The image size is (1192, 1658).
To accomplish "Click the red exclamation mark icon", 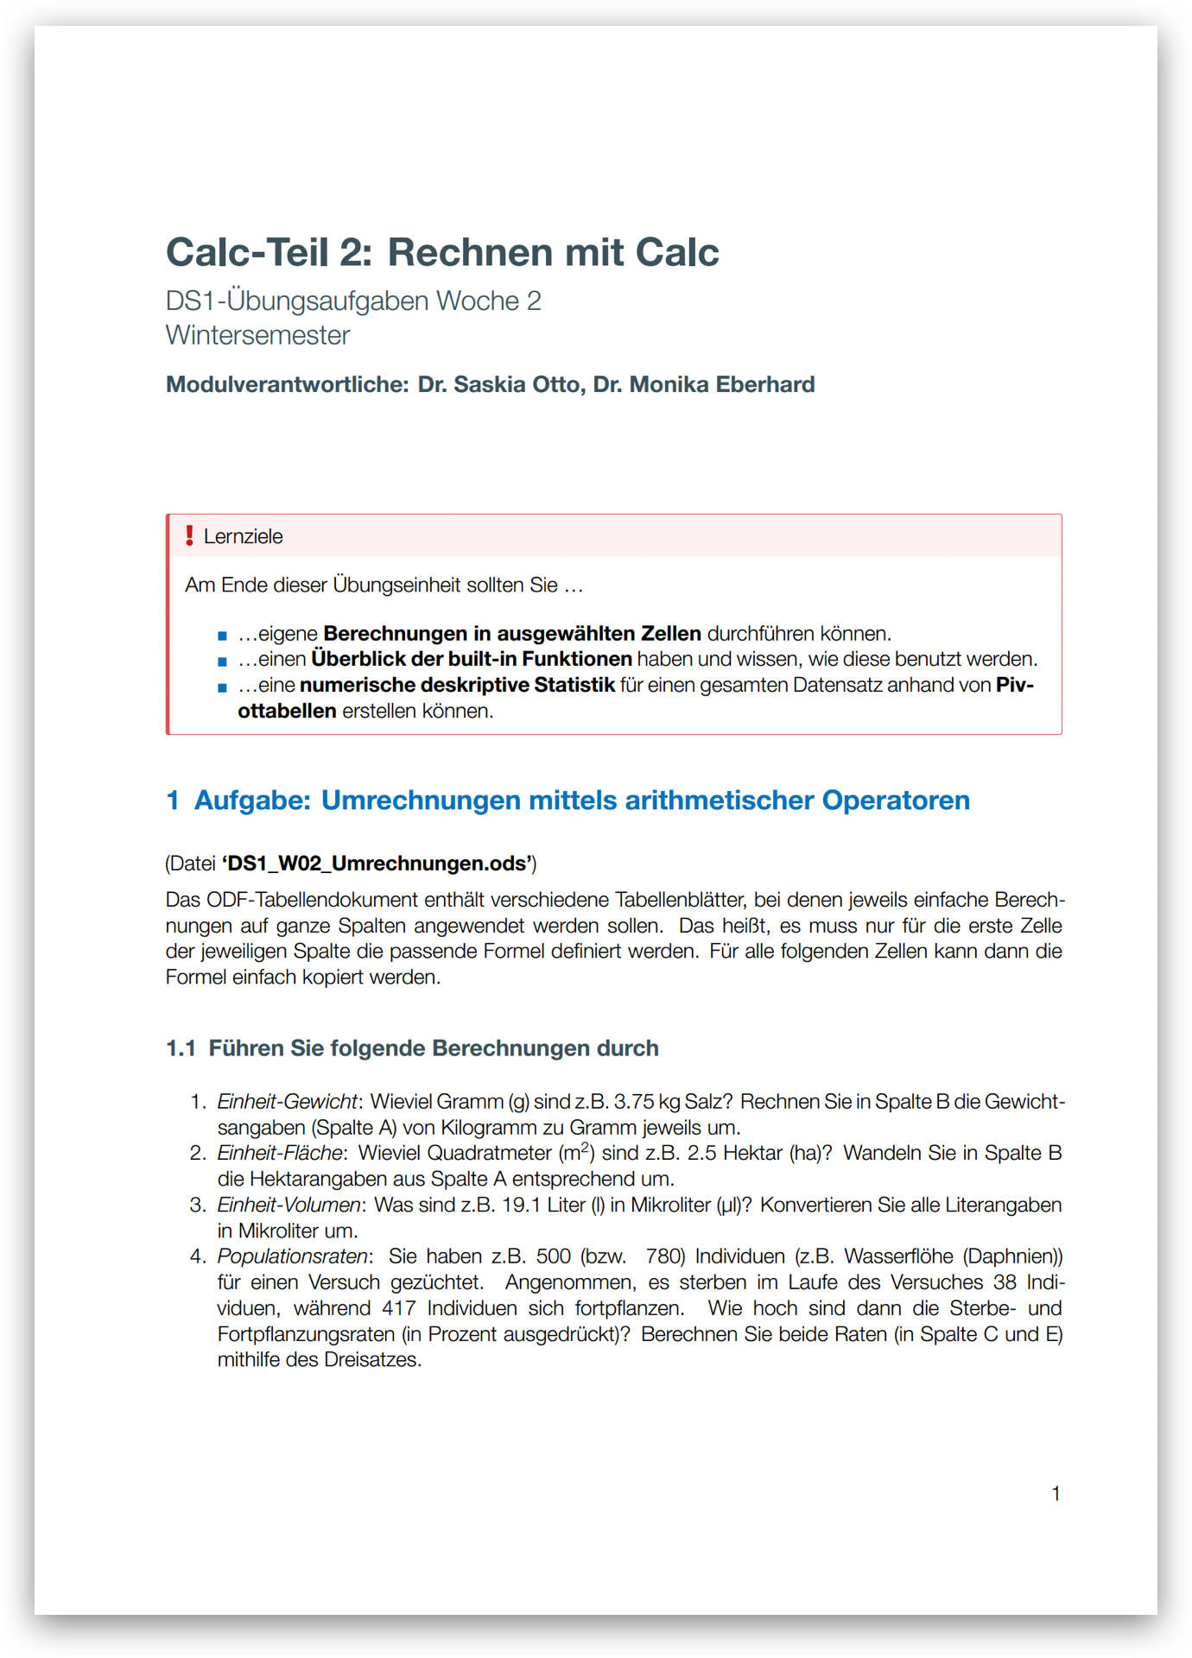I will pos(189,535).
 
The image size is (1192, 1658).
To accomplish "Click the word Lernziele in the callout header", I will pos(243,536).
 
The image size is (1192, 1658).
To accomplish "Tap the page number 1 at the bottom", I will pos(1056,1493).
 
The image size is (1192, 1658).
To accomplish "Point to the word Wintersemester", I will pos(257,335).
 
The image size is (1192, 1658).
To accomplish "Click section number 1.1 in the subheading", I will pos(181,1048).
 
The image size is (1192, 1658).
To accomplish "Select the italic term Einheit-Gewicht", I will pos(287,1102).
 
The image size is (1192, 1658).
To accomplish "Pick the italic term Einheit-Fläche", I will pos(279,1154).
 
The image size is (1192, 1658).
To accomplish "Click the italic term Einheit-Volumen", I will pos(288,1205).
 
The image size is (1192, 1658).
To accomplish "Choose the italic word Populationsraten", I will pos(292,1256).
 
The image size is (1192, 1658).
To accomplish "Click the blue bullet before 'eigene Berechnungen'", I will pos(222,636).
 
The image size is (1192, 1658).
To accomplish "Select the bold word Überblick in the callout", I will pos(354,659).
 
